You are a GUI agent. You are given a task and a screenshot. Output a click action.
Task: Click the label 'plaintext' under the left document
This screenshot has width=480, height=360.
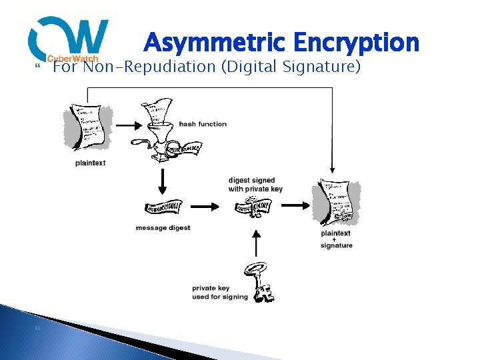90,163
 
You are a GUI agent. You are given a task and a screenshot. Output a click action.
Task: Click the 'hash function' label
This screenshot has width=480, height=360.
203,124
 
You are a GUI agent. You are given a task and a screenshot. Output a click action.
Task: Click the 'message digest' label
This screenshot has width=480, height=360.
163,228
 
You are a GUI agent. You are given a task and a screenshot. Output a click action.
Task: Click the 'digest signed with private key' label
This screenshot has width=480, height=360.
255,185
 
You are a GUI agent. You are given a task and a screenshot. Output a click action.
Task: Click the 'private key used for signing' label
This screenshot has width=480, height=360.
219,293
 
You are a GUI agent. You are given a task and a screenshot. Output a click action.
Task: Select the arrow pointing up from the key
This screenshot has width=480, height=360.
254,243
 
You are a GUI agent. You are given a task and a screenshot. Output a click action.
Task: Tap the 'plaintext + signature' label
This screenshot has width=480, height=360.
337,239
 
